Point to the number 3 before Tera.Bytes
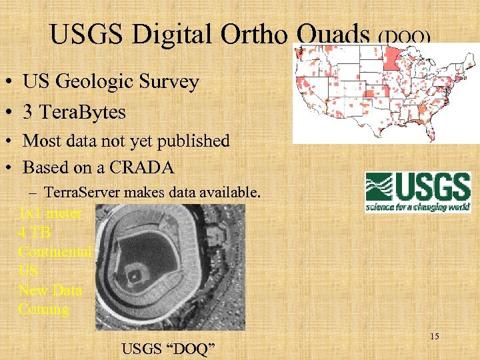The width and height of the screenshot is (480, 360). click(29, 112)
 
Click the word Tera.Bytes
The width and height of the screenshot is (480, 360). click(83, 112)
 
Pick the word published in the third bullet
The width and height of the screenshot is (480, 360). click(197, 141)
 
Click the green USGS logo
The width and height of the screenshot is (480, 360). click(417, 193)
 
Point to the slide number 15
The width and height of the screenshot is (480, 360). click(434, 337)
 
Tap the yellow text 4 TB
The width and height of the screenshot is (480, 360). click(35, 233)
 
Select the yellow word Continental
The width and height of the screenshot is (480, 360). click(55, 252)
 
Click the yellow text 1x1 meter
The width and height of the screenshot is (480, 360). click(50, 213)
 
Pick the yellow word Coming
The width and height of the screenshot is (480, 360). click(43, 309)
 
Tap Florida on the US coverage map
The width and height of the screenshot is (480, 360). click(419, 129)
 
